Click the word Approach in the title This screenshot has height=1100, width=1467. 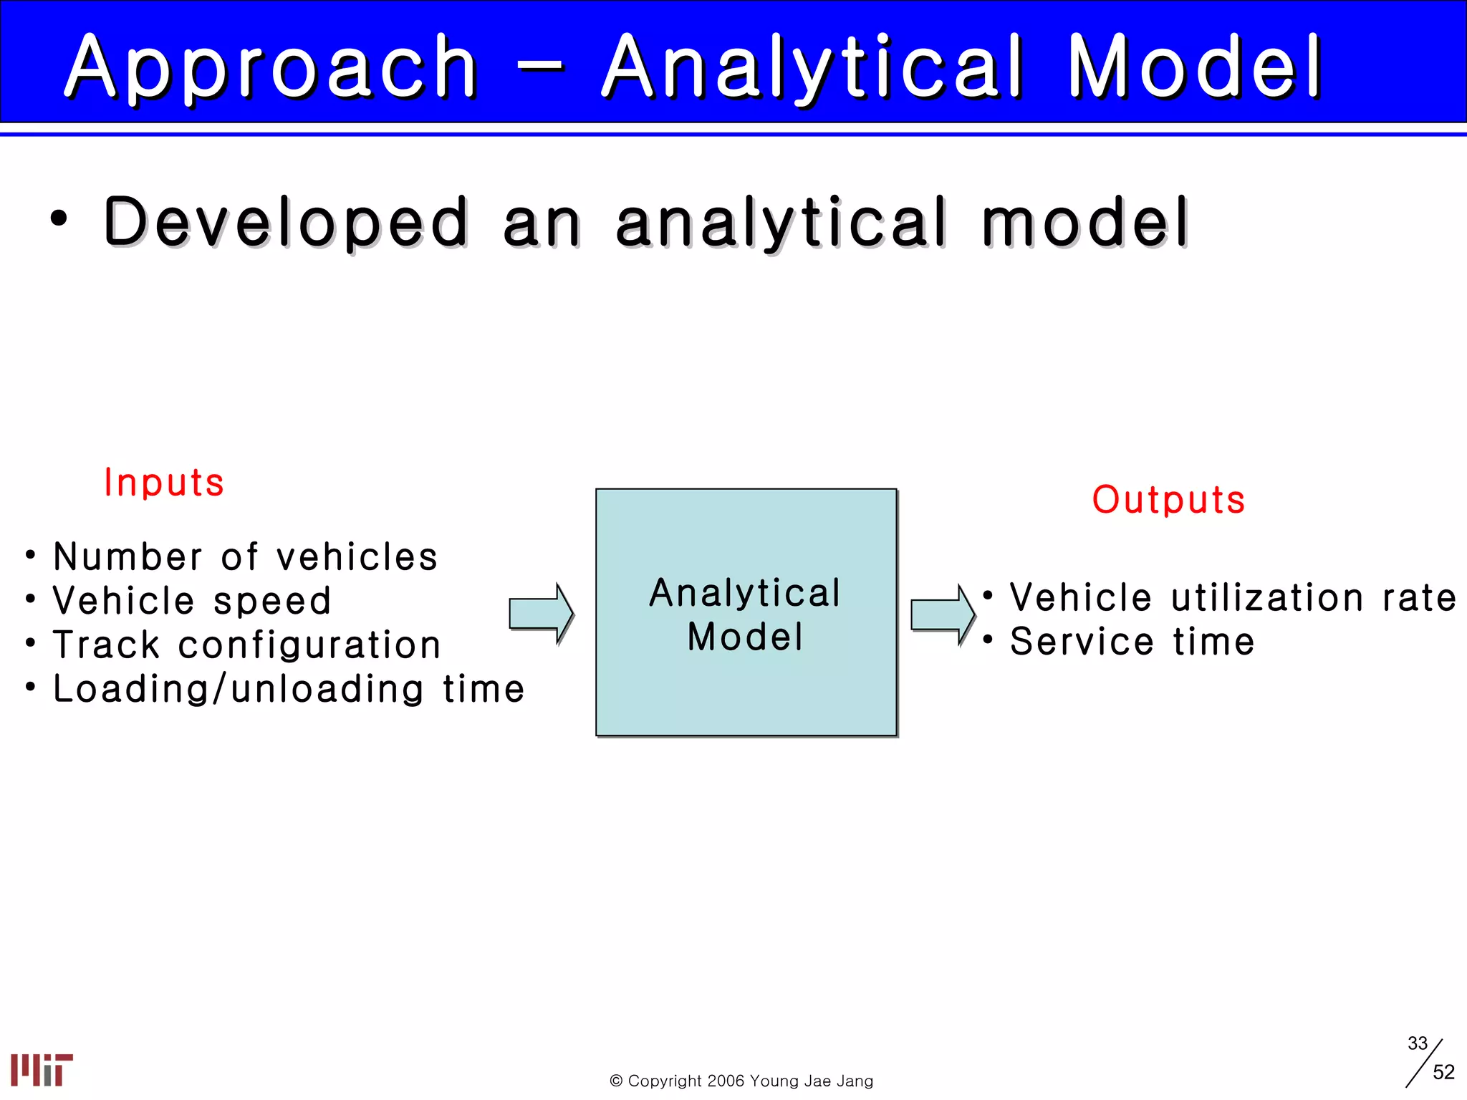pyautogui.click(x=271, y=67)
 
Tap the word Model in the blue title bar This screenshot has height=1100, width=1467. pyautogui.click(x=1195, y=67)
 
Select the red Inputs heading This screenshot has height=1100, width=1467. pyautogui.click(x=164, y=482)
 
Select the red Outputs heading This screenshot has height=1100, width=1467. pyautogui.click(x=1168, y=499)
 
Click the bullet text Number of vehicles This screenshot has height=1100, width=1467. pyautogui.click(x=245, y=557)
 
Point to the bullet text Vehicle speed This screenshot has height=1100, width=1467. pyautogui.click(x=192, y=601)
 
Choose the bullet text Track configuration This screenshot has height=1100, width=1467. pyautogui.click(x=247, y=645)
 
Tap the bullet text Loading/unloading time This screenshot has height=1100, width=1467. pyautogui.click(x=289, y=689)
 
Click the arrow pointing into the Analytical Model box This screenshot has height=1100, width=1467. pyautogui.click(x=541, y=614)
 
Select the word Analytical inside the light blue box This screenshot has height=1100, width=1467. pyautogui.click(x=745, y=593)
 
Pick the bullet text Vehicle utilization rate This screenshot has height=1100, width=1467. pyautogui.click(x=1232, y=598)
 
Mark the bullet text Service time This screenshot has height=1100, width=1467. pyautogui.click(x=1132, y=642)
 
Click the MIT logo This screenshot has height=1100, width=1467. pyautogui.click(x=42, y=1069)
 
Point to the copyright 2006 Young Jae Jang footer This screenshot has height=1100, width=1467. pyautogui.click(x=741, y=1081)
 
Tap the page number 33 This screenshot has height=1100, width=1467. pyautogui.click(x=1417, y=1043)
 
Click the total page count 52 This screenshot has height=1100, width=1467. pyautogui.click(x=1443, y=1072)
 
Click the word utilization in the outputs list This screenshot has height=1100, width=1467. pyautogui.click(x=1266, y=598)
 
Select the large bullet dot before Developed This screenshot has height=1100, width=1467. pyautogui.click(x=59, y=219)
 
